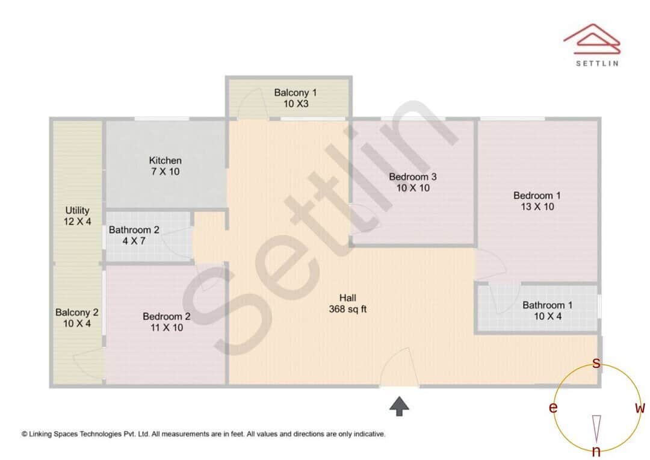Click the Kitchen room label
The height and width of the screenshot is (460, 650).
[x=166, y=166]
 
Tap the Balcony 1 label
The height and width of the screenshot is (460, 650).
[x=295, y=98]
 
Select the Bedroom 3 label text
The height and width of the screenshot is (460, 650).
[x=412, y=182]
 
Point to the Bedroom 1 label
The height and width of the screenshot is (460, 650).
[x=537, y=201]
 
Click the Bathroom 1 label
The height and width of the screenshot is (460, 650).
[x=547, y=311]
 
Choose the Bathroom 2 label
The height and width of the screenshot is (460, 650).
[x=134, y=235]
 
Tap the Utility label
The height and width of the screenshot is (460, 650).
[x=78, y=216]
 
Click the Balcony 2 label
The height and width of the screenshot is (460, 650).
[x=76, y=318]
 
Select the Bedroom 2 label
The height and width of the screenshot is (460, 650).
[x=166, y=322]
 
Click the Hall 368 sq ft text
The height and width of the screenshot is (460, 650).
[x=347, y=303]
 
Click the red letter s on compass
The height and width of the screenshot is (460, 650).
[x=596, y=363]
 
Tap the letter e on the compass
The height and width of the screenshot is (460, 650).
[x=552, y=408]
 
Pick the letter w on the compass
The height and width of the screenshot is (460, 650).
[x=640, y=408]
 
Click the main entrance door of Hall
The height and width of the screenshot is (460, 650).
[x=399, y=368]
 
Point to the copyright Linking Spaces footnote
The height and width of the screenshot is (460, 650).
[x=203, y=434]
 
